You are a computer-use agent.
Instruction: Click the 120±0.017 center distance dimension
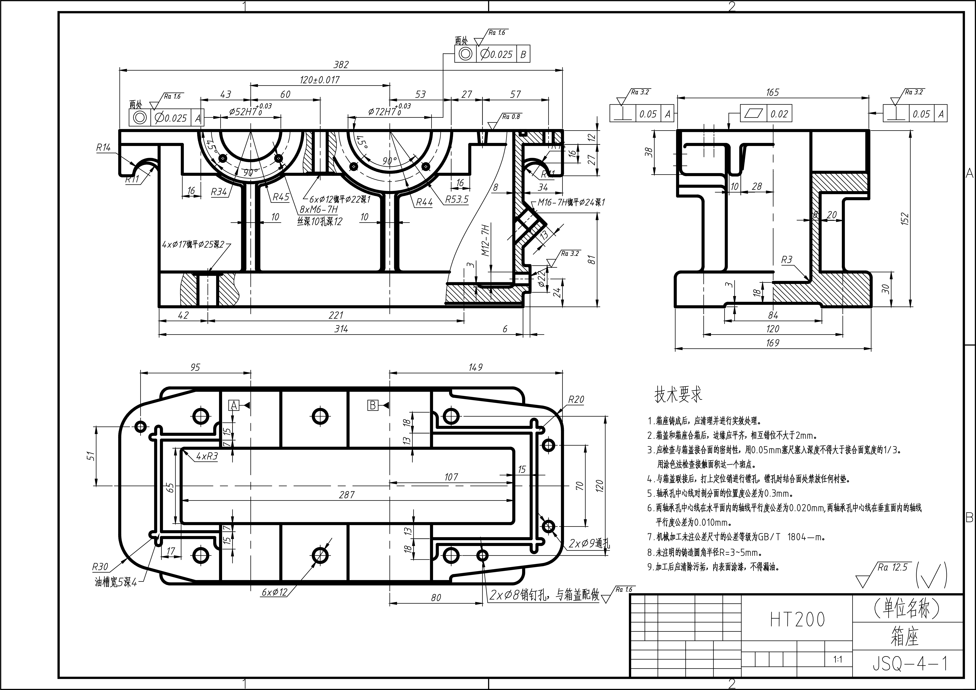[320, 80]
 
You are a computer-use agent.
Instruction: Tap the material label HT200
[798, 619]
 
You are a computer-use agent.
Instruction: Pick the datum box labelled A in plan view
[233, 406]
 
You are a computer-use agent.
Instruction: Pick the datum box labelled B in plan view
[373, 406]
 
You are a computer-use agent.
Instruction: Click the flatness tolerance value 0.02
[779, 114]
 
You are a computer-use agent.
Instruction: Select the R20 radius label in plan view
[576, 399]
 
